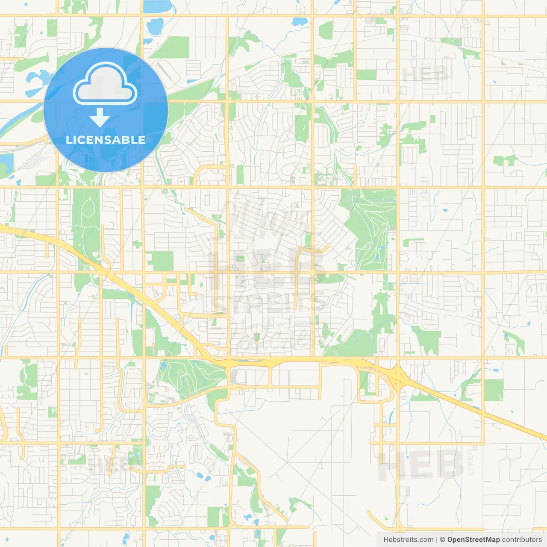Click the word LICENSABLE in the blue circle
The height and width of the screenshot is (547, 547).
[106, 140]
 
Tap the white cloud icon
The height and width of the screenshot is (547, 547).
[105, 83]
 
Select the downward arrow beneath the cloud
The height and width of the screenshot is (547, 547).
[100, 118]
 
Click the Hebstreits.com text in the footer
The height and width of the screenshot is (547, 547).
[408, 540]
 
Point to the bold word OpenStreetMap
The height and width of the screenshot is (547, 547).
[473, 540]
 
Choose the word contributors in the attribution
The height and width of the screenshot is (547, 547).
[522, 540]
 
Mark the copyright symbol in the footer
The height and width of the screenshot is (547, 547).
[442, 540]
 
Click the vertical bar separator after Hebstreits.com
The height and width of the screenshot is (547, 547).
[437, 540]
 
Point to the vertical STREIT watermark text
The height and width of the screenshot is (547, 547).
[471, 462]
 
